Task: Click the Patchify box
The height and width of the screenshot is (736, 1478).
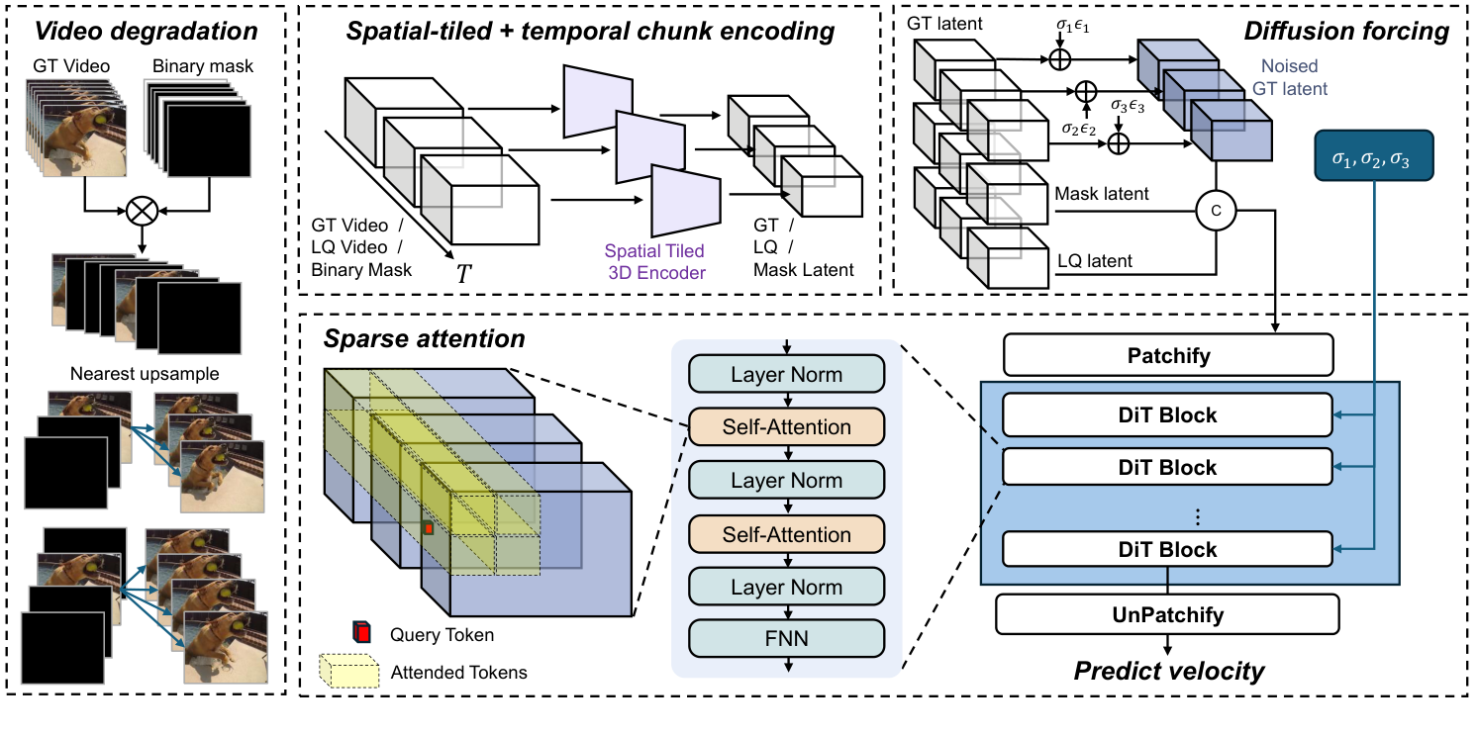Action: point(1169,354)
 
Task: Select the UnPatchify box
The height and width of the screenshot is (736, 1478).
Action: point(1167,614)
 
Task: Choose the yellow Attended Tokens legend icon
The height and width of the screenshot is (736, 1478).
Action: point(349,671)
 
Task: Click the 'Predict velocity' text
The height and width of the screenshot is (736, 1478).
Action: point(1169,672)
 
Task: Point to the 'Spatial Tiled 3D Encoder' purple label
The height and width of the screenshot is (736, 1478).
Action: point(655,262)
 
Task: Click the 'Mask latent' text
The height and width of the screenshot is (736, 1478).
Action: point(1102,194)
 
